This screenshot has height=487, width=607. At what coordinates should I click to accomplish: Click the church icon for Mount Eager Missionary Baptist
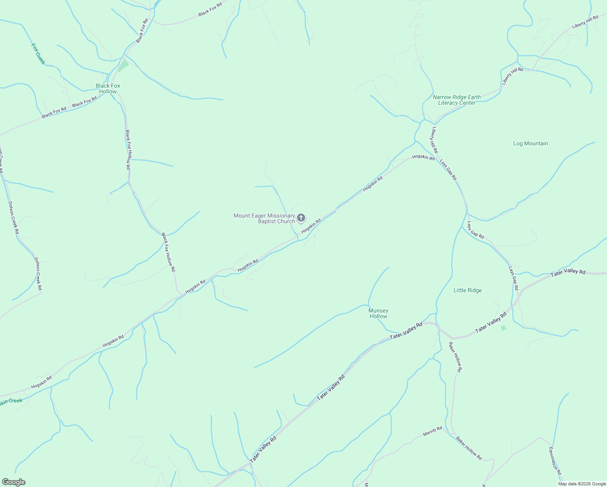(x=301, y=218)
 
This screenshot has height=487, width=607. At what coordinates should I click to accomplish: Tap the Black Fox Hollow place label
(x=108, y=88)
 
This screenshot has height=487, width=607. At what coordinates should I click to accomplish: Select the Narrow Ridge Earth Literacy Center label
(x=457, y=100)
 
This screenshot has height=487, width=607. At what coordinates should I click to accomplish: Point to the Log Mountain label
(x=530, y=143)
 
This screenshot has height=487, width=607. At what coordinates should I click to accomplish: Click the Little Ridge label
(x=467, y=290)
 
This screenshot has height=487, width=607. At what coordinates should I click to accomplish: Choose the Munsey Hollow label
(x=378, y=313)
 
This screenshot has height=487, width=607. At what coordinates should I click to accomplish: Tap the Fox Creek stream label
(x=38, y=54)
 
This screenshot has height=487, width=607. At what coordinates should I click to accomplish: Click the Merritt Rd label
(x=432, y=431)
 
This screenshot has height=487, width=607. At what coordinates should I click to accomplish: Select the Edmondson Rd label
(x=555, y=461)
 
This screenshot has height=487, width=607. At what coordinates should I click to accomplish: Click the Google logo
(x=13, y=482)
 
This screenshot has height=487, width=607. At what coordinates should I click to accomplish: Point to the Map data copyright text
(x=581, y=484)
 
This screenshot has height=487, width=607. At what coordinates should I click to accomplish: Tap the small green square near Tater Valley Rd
(x=504, y=328)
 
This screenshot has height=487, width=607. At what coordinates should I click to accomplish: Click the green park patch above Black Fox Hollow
(x=123, y=65)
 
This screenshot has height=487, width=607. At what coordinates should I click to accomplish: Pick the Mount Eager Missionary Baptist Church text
(x=264, y=218)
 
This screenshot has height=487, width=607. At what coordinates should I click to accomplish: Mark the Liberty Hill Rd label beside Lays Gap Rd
(x=435, y=140)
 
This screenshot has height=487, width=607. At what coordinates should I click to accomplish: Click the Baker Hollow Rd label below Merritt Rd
(x=469, y=448)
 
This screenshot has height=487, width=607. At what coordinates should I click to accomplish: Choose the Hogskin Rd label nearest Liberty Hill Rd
(x=423, y=157)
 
